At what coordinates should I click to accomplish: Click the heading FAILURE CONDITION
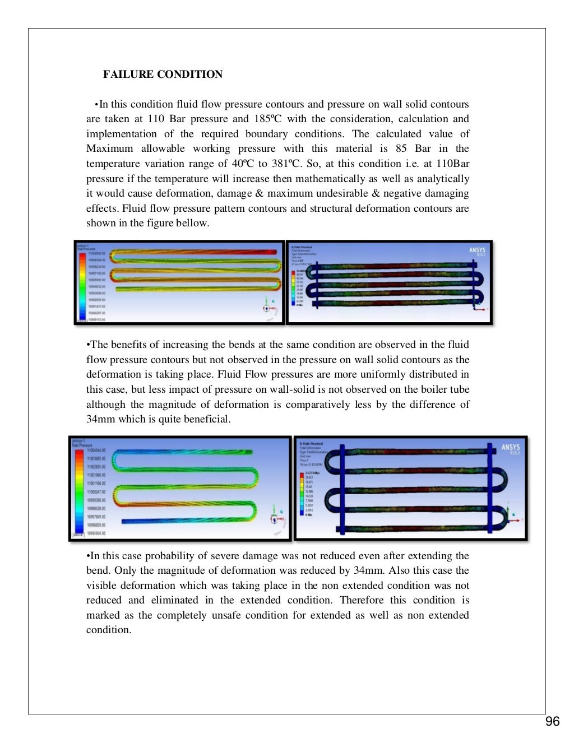[163, 75]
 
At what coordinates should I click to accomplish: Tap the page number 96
[552, 721]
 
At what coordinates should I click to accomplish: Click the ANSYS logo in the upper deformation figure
[477, 251]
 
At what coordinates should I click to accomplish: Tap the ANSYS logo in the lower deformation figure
[510, 448]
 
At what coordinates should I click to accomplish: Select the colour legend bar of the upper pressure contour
[82, 284]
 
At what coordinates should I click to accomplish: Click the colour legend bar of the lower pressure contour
[78, 490]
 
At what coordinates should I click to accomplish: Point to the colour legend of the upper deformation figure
[293, 287]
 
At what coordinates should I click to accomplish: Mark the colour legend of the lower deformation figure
[302, 493]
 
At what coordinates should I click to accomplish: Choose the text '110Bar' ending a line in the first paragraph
[453, 164]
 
